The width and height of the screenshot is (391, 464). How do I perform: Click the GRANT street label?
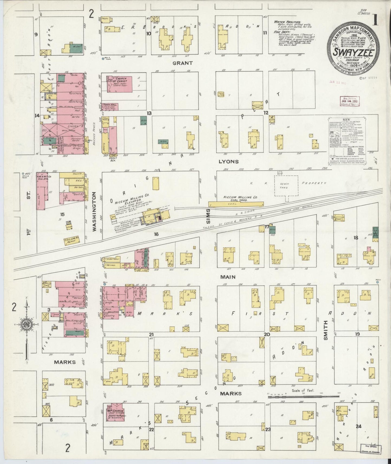(x=183, y=63)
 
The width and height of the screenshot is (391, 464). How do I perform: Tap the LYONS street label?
(x=229, y=161)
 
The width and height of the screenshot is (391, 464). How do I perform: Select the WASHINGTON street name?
(x=94, y=211)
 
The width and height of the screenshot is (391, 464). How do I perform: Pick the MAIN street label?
(x=228, y=277)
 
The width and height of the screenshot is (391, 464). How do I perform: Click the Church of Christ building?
(x=119, y=84)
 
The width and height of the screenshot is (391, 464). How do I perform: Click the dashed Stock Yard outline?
(x=286, y=186)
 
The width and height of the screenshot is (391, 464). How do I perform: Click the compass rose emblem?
(x=26, y=325)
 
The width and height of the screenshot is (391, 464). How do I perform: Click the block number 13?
(x=149, y=113)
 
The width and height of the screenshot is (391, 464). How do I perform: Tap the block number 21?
(x=151, y=334)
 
